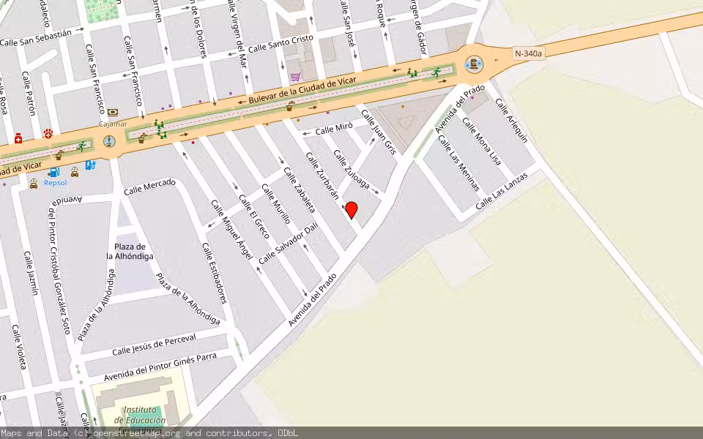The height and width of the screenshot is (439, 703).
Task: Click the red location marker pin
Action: click(x=351, y=210)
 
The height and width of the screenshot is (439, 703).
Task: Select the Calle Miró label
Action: click(x=334, y=129)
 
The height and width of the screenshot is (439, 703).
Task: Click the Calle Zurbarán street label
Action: click(x=322, y=176)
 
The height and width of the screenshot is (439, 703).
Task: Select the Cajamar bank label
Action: click(x=113, y=124)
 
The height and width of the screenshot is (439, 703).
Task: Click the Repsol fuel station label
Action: click(x=56, y=182)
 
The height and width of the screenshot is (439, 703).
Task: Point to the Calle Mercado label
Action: click(x=150, y=188)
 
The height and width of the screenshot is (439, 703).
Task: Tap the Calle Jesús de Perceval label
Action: click(x=154, y=345)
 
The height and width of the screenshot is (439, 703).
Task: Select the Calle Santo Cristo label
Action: click(x=280, y=43)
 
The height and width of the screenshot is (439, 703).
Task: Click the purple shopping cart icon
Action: click(x=295, y=76)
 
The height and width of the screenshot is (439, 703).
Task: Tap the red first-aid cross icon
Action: click(x=18, y=138)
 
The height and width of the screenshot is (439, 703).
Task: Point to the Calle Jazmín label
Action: click(x=30, y=273)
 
